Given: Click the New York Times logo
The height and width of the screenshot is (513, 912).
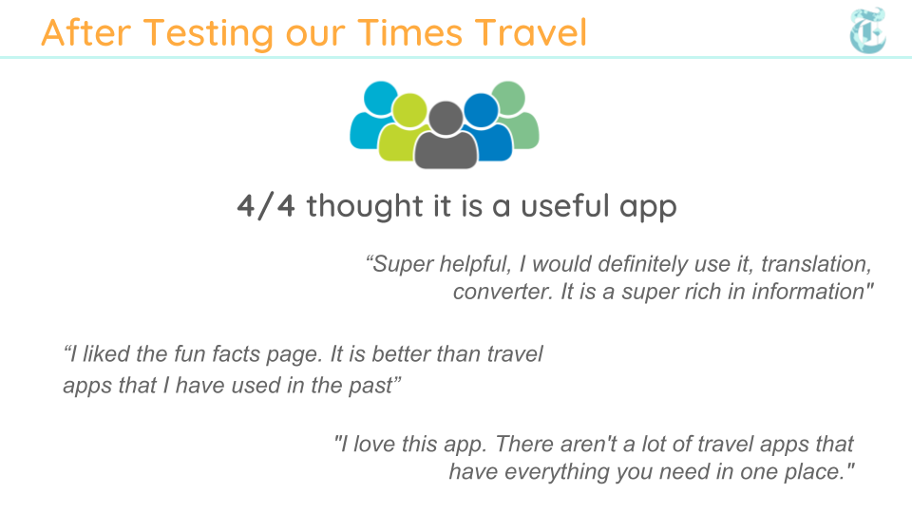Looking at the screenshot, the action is pos(867,30).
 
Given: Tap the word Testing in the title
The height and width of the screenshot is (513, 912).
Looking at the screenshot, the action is pos(208,34).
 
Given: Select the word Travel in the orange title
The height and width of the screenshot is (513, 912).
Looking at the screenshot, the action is pos(530,32).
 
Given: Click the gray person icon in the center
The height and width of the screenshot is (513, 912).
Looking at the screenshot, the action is pos(446,135).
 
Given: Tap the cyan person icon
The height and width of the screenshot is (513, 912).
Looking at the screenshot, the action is pos(374,114).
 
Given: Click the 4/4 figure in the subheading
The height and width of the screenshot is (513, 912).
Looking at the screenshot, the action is pos(266,206).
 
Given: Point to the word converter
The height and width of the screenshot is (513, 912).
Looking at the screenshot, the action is pos(503,292).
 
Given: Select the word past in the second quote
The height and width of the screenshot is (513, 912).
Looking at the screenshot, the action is pos(374,386).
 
